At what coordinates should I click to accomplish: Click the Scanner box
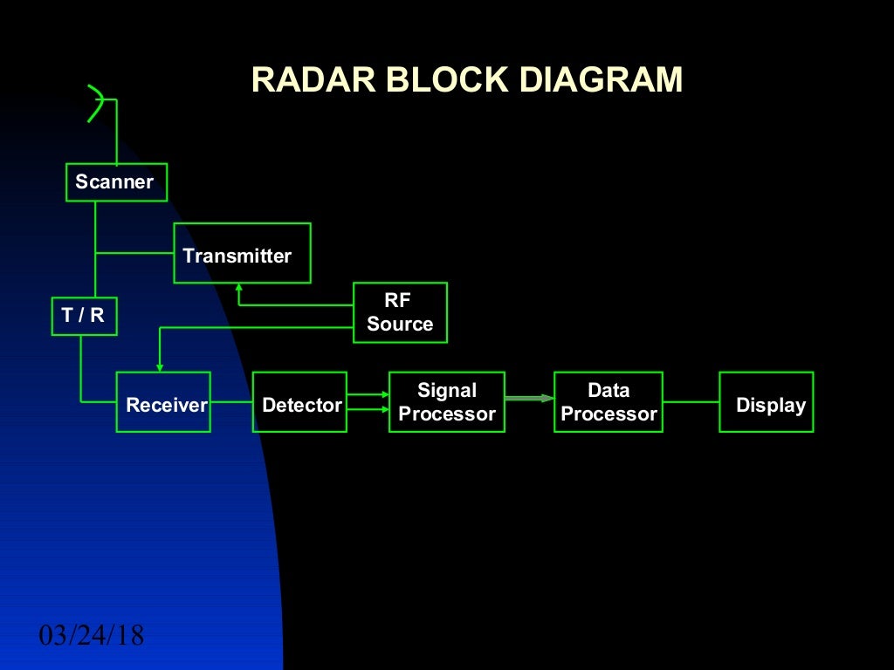point(116,182)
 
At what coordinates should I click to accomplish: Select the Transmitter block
point(242,253)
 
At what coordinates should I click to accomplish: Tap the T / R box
point(84,316)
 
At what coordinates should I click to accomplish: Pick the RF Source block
point(400,312)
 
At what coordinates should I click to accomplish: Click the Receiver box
point(163,402)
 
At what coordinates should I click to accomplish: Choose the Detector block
point(299,402)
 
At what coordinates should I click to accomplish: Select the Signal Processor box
point(446,402)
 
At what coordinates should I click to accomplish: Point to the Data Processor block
point(609,402)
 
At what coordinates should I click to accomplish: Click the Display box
point(766,402)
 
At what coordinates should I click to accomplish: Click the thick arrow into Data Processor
point(529,398)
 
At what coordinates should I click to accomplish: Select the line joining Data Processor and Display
point(691,402)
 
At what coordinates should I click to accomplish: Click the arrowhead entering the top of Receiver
point(159,366)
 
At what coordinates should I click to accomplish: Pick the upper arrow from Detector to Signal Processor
point(367,394)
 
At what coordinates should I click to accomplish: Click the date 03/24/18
point(92,634)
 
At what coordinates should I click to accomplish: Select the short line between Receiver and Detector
point(231,402)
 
